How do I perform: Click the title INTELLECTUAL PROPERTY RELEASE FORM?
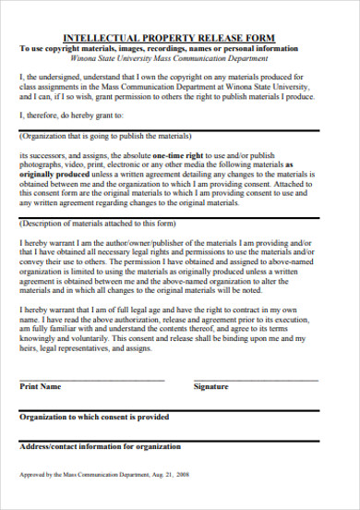tap(179, 36)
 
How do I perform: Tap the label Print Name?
tap(41, 386)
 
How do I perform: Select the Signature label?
tap(210, 386)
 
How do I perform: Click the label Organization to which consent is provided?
tap(94, 417)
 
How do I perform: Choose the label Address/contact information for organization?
tap(101, 447)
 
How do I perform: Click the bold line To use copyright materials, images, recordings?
tap(157, 48)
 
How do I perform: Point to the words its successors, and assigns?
tap(61, 156)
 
